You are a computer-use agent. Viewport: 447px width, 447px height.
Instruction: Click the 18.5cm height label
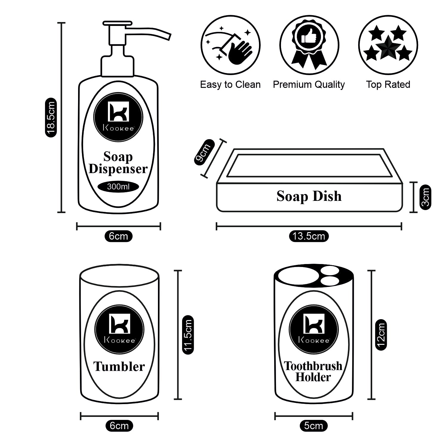click(x=51, y=117)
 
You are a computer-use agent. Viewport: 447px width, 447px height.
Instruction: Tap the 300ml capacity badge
click(x=118, y=187)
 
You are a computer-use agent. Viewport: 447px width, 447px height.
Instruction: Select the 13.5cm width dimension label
click(x=308, y=236)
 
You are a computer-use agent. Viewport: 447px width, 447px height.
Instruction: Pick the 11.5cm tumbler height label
click(x=188, y=335)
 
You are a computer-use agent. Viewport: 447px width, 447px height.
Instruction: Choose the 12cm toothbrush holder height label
click(x=381, y=335)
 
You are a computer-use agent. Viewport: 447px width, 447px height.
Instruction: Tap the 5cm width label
click(x=313, y=426)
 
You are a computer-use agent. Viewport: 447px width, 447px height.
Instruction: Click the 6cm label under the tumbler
click(x=119, y=426)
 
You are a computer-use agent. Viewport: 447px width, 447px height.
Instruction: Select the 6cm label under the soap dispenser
click(x=118, y=236)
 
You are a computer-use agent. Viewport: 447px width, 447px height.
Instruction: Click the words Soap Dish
click(x=309, y=196)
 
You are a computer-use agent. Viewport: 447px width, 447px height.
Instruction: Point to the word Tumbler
click(x=119, y=367)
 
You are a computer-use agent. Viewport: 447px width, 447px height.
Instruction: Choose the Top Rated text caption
click(x=388, y=85)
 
